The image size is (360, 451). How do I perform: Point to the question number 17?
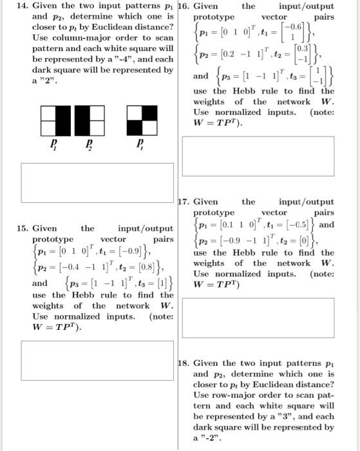click(185, 202)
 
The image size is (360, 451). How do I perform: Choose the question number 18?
click(185, 363)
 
